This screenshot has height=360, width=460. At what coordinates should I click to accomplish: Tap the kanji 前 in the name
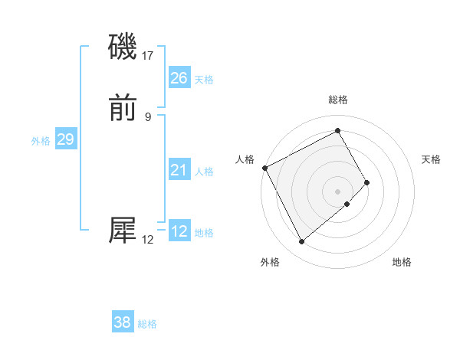123,110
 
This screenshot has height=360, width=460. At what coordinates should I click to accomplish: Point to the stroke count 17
149,55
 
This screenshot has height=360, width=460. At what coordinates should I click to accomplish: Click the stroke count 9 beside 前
148,116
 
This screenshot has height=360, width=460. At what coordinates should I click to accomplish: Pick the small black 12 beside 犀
148,240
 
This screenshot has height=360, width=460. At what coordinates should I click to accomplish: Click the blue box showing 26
179,77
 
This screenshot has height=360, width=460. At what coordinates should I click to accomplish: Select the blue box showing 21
179,170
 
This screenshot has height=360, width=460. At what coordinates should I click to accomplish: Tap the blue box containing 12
179,231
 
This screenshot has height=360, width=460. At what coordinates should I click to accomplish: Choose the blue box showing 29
66,139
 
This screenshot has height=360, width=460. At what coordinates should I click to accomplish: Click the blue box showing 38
123,322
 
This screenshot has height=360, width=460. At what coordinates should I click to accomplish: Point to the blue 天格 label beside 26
204,80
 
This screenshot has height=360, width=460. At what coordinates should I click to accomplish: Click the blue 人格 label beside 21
204,172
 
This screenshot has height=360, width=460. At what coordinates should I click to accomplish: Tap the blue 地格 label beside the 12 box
204,233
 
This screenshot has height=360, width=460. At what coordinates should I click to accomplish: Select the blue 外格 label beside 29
41,142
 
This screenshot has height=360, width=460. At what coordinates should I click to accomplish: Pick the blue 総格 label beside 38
147,325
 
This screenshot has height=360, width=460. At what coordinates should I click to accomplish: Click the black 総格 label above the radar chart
338,100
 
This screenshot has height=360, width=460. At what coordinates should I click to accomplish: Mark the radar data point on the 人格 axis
264,168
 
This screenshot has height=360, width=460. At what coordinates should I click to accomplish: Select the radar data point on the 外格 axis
301,242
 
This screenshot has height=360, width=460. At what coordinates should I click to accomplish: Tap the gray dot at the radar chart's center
338,191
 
